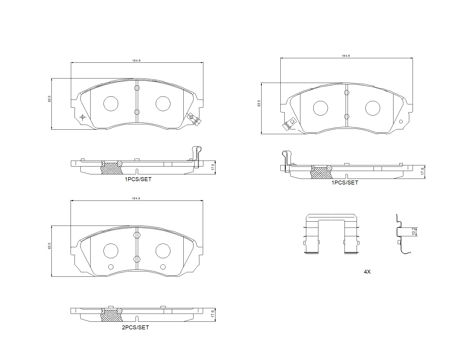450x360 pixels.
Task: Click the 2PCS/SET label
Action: (135, 327)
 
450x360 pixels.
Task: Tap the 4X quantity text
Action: (367, 272)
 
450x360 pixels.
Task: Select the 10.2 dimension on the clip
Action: (413, 231)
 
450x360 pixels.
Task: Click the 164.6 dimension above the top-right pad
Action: (346, 56)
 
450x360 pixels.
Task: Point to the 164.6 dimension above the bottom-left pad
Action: (136, 198)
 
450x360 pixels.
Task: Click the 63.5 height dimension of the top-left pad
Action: (49, 99)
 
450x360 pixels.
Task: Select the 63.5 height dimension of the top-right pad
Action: (259, 103)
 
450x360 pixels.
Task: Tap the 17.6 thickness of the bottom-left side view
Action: (213, 314)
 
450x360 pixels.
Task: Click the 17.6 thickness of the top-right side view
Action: (422, 172)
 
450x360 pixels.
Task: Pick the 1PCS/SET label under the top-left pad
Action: (138, 179)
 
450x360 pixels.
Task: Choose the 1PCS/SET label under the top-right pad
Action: (345, 183)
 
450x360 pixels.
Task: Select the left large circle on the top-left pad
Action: (111, 103)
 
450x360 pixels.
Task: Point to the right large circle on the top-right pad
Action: (373, 108)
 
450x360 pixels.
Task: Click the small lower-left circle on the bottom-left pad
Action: (111, 267)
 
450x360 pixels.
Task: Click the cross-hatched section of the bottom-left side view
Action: (112, 316)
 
